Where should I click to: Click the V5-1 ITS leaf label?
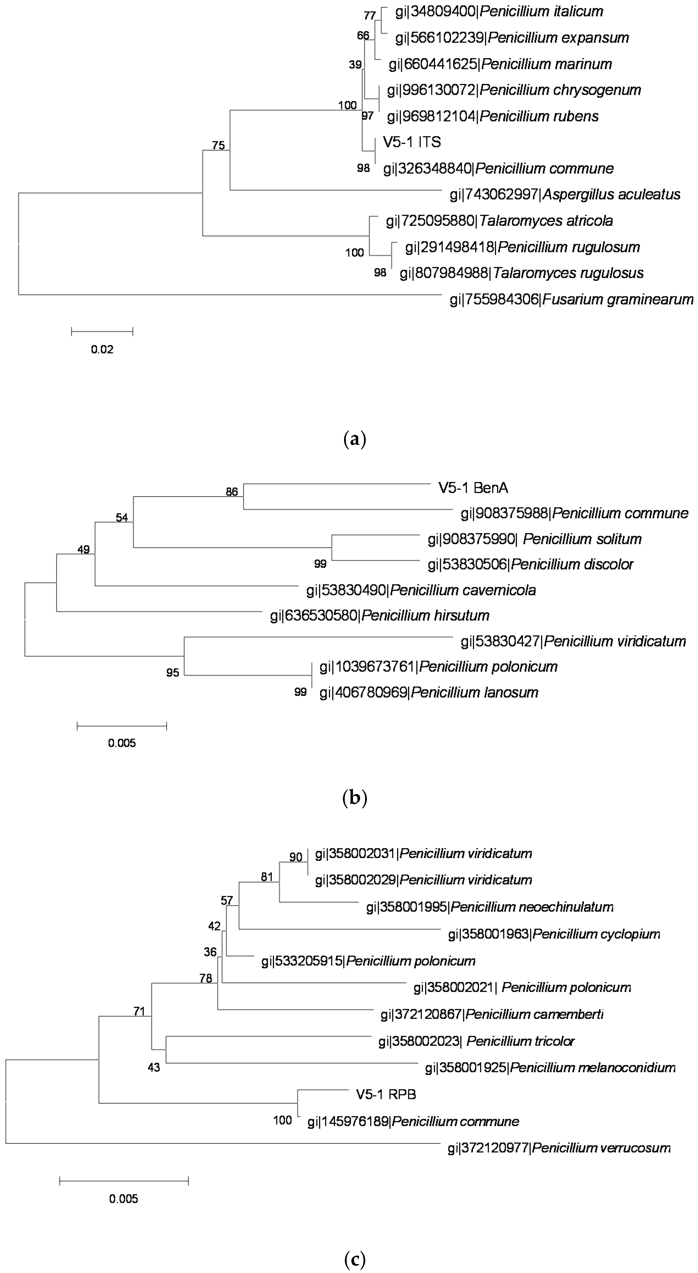(411, 142)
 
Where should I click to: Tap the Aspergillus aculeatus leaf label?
(564, 195)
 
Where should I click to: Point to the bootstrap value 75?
(218, 145)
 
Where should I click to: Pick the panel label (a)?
(354, 439)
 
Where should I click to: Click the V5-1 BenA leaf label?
(473, 488)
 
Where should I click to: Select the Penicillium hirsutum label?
(379, 616)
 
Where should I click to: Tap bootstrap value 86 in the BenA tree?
(232, 492)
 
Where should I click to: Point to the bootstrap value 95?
(173, 673)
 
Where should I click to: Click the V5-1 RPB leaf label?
(386, 1095)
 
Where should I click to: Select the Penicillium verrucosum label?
(559, 1148)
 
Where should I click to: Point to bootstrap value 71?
(139, 1012)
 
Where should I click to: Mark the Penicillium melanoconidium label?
(550, 1068)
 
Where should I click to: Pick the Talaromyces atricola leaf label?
(499, 221)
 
